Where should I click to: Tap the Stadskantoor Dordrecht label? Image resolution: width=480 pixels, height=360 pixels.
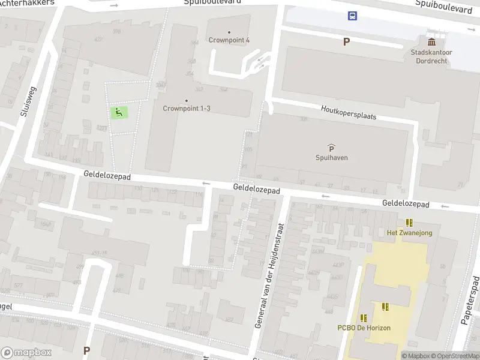click(x=431, y=56)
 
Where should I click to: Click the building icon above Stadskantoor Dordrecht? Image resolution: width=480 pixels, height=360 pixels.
click(x=431, y=41)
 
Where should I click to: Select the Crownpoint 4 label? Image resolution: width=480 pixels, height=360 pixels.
click(x=229, y=40)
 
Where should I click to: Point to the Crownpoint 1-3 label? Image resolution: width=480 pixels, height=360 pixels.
click(x=187, y=109)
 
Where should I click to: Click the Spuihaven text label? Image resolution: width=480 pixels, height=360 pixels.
click(x=332, y=158)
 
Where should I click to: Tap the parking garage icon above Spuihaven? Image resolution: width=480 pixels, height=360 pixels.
click(x=332, y=147)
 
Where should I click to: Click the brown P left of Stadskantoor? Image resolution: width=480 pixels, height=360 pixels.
click(x=346, y=41)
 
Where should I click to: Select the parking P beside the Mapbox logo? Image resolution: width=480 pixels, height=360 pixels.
click(x=86, y=350)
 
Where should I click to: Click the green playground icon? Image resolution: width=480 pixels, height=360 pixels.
click(x=119, y=112)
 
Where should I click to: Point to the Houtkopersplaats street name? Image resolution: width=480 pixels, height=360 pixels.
click(x=349, y=112)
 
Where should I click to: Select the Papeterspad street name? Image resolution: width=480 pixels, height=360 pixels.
click(x=470, y=300)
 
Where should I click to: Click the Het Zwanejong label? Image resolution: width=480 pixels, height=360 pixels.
click(x=409, y=233)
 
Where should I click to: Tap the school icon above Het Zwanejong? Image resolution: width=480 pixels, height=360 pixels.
click(x=409, y=223)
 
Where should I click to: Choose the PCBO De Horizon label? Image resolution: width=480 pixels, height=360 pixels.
click(x=364, y=328)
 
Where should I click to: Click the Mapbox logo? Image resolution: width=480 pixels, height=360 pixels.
click(x=26, y=352)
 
